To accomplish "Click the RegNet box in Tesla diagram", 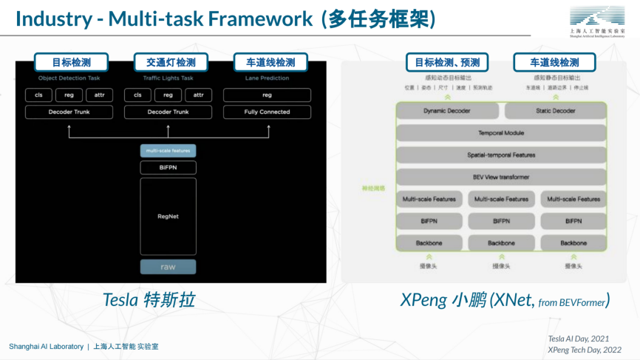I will pos(168,216).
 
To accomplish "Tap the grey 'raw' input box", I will pos(168,267).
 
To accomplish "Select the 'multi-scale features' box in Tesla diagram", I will pos(168,151).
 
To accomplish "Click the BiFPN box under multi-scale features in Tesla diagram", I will pos(168,168).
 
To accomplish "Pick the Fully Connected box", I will pos(267,112).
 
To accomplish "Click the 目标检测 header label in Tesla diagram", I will pos(70,62).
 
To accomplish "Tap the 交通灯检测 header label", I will pos(171,62).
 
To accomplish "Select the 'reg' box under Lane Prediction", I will pos(267,95).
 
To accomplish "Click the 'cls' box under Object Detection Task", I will pos(38,95).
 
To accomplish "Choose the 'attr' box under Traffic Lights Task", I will pos(198,95).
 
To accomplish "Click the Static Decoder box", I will pos(554,111).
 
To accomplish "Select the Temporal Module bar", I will pos(500,133).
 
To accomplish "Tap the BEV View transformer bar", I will pos(500,177).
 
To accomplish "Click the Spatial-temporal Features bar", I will pos(500,155).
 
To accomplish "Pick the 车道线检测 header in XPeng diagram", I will pos(554,62).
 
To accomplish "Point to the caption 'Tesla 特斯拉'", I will pos(149,299).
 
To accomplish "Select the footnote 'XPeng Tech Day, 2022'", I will pos(584,349).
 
